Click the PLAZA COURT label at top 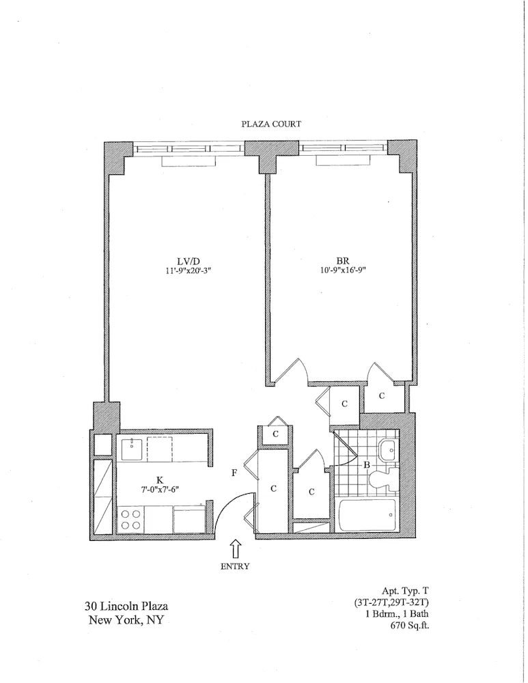271,124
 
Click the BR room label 343,260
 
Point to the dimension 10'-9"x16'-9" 343,270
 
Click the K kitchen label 160,479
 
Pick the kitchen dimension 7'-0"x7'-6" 160,490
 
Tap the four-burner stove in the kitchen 131,520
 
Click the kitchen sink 131,449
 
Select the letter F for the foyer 234,472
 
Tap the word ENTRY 234,566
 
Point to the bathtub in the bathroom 367,516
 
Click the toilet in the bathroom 378,481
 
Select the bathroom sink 387,449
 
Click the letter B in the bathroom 366,466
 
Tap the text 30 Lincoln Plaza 126,606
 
